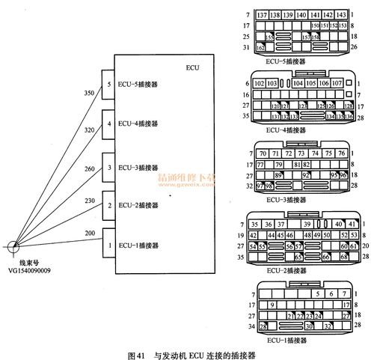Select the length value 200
tap(90, 234)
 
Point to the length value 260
tap(90, 168)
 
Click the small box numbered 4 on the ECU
tap(109, 123)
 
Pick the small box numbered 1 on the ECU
tap(109, 245)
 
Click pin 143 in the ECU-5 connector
tap(342, 15)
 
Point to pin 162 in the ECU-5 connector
tap(260, 47)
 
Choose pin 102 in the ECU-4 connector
tap(258, 84)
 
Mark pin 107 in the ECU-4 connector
tap(337, 84)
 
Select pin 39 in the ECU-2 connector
tap(307, 224)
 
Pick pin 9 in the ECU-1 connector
tap(272, 305)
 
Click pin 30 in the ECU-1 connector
tap(308, 326)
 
